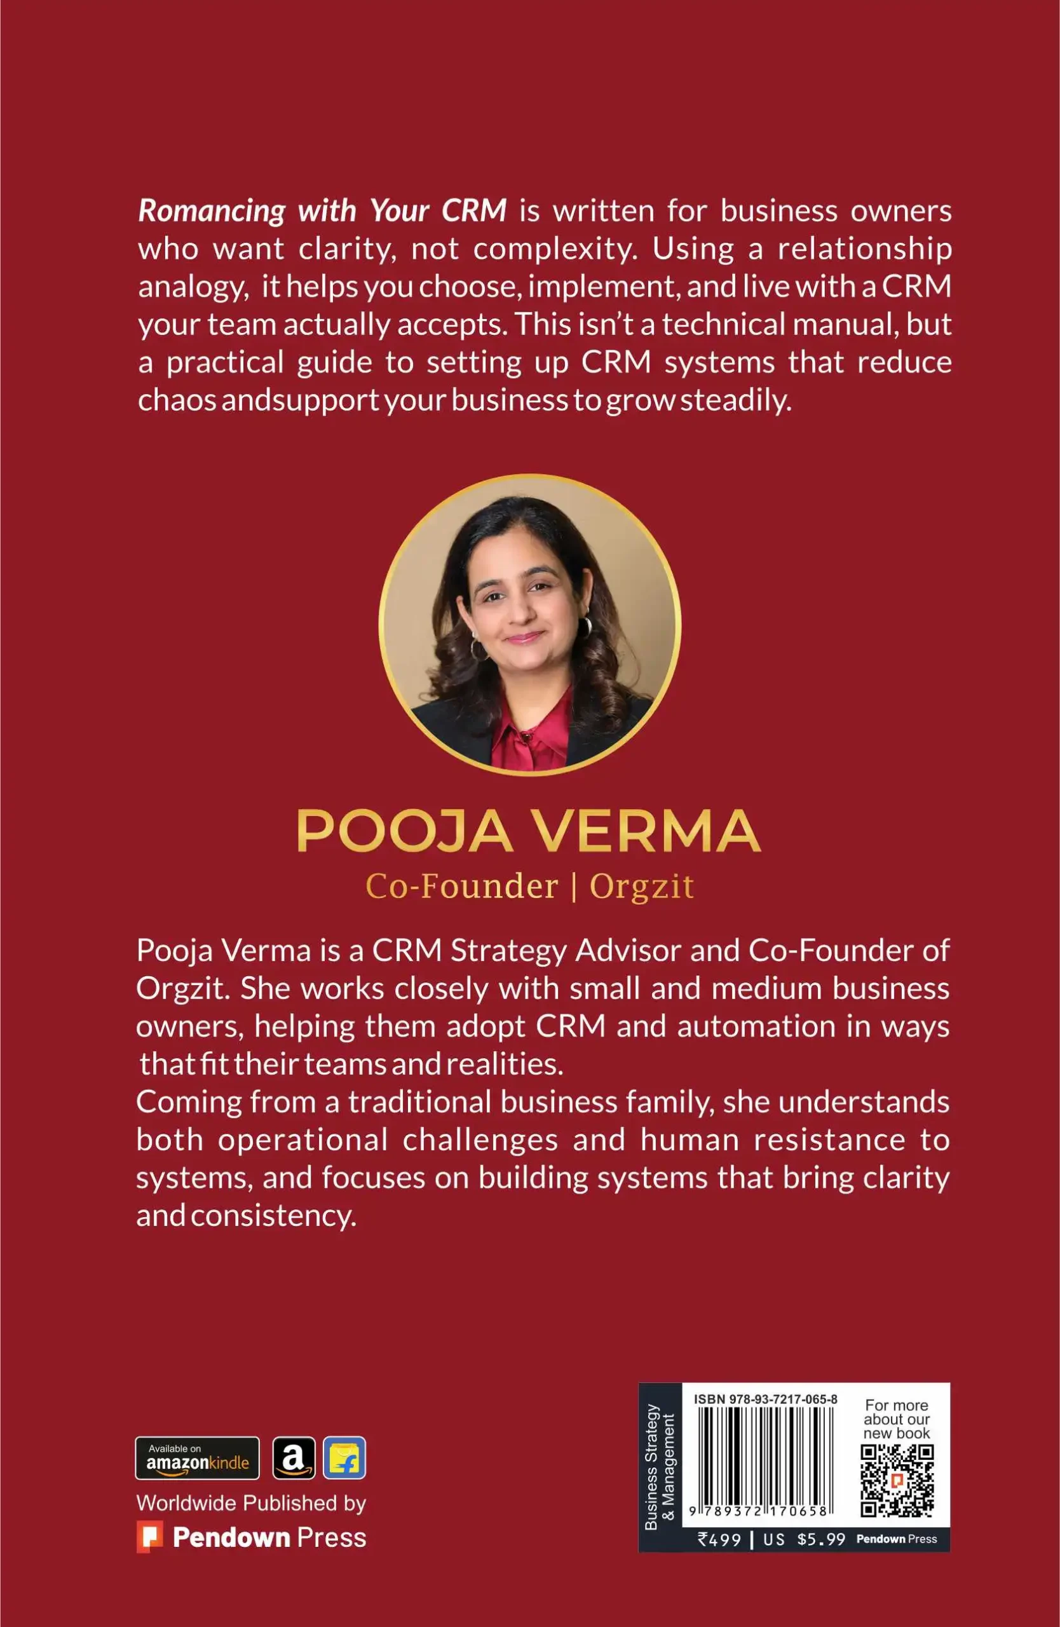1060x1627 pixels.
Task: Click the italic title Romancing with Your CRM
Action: click(x=322, y=211)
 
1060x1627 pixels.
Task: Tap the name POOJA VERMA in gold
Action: click(x=529, y=831)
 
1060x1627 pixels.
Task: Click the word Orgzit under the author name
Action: click(x=641, y=887)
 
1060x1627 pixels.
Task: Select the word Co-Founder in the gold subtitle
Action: click(x=462, y=887)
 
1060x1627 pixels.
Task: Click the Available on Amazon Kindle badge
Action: click(x=197, y=1458)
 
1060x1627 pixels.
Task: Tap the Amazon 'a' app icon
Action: click(x=294, y=1458)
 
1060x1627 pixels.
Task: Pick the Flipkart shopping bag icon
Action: click(x=344, y=1458)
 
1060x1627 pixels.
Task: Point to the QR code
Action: click(x=897, y=1481)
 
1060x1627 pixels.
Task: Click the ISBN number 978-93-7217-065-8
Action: click(x=765, y=1399)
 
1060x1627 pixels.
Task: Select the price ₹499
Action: click(x=719, y=1539)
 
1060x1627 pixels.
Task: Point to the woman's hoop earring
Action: click(x=586, y=626)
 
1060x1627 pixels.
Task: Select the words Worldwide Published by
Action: click(x=251, y=1502)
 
